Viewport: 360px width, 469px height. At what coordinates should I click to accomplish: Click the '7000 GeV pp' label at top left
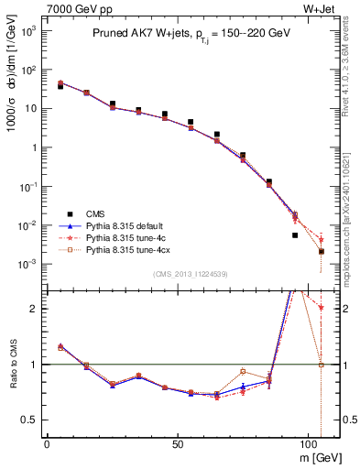[x=73, y=9]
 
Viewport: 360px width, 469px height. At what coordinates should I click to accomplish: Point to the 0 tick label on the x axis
[x=47, y=442]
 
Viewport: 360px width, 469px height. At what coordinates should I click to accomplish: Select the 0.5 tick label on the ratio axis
[x=29, y=420]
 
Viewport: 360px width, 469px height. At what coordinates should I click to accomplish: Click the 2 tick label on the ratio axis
[x=33, y=309]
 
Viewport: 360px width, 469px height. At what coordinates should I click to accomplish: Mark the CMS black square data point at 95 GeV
[x=295, y=235]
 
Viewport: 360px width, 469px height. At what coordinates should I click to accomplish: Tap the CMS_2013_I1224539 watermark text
[x=191, y=273]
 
